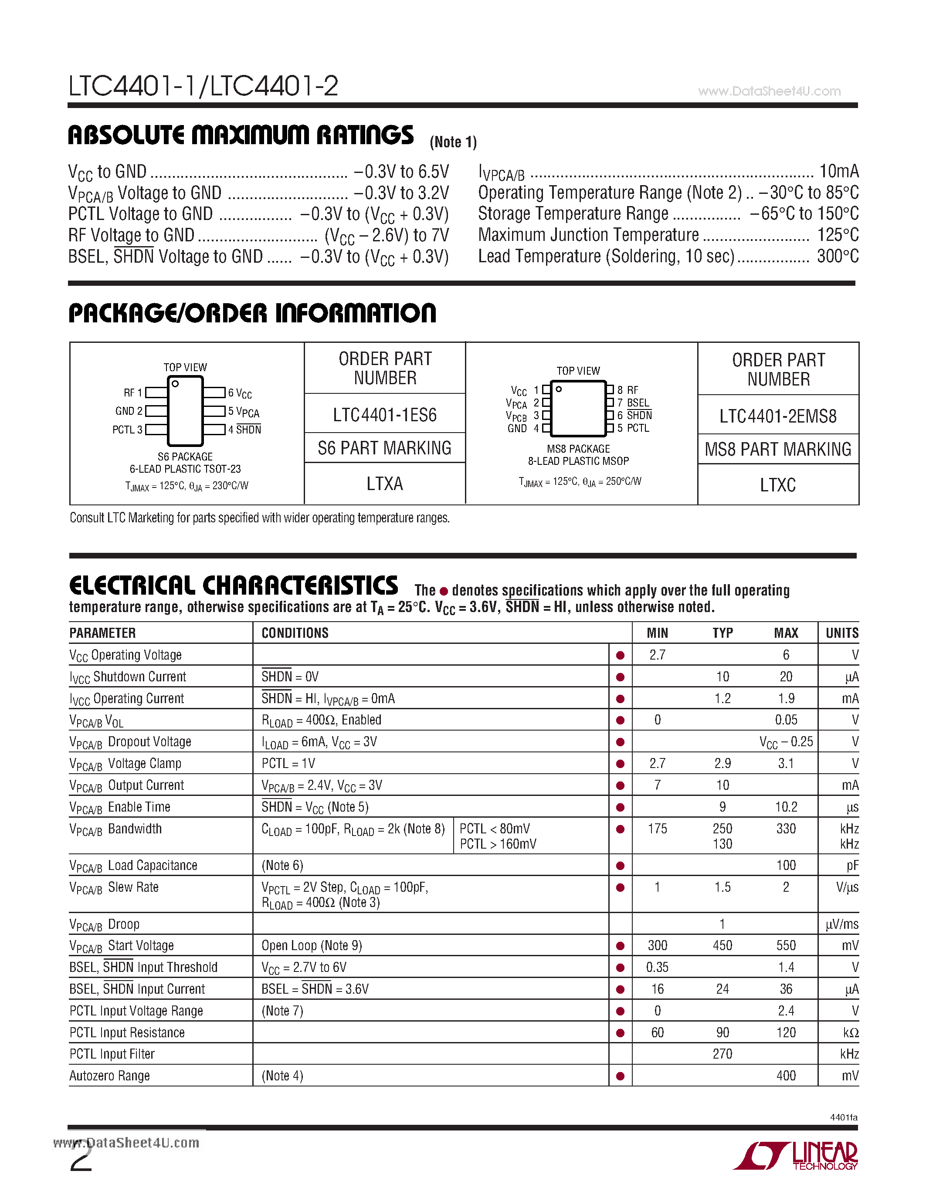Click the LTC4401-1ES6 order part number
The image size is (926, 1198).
click(384, 415)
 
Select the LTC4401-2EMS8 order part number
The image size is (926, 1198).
click(778, 416)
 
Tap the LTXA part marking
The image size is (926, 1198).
click(384, 484)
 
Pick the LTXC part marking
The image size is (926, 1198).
click(778, 485)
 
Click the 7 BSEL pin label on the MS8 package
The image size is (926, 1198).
click(633, 403)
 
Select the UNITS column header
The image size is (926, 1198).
click(841, 633)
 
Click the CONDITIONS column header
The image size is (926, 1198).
click(295, 633)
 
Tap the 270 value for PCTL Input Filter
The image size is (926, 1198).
click(722, 1054)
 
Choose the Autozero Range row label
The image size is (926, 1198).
click(110, 1076)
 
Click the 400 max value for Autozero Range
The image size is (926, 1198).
click(786, 1076)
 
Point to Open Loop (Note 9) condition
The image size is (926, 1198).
click(311, 945)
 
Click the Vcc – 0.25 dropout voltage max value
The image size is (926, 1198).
click(786, 742)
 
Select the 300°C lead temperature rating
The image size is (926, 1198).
click(837, 256)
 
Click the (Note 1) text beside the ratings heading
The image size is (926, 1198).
click(453, 142)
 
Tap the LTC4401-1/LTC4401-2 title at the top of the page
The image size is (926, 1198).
click(203, 86)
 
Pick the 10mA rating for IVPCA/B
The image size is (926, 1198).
click(838, 172)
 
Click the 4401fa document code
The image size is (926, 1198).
click(843, 1117)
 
